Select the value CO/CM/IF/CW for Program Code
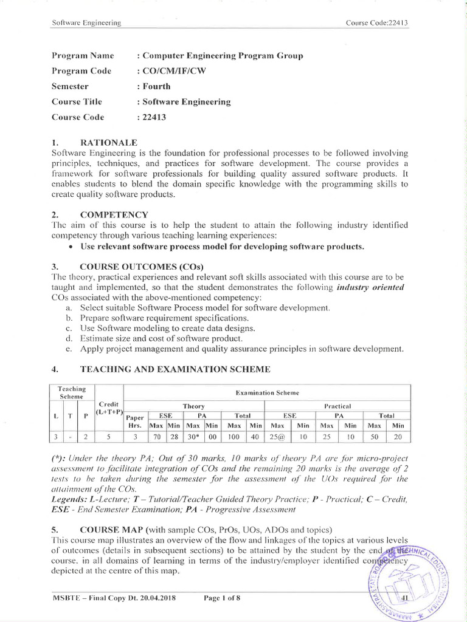(x=175, y=70)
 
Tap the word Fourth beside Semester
(x=157, y=86)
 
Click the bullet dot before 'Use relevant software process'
(x=72, y=246)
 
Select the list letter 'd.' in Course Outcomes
(x=68, y=338)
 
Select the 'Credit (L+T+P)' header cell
(x=109, y=409)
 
